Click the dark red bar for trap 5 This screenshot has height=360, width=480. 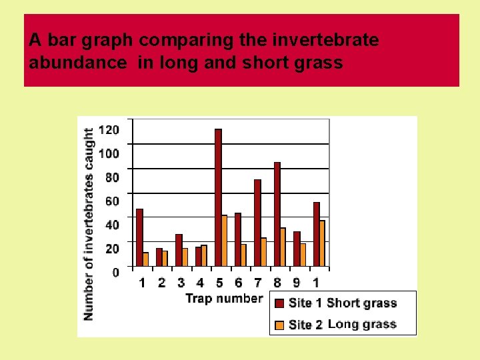point(218,197)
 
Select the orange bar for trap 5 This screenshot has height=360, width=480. point(225,240)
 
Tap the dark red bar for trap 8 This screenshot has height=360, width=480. point(277,214)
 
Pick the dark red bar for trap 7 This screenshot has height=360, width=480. point(257,223)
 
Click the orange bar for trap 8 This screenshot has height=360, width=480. point(283,247)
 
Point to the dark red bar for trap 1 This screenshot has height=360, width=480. point(139,237)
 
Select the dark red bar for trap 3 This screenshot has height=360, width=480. point(179,250)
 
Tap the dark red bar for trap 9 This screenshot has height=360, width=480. point(297,249)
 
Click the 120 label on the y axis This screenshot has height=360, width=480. point(109,130)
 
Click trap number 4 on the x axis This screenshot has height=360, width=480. point(200,283)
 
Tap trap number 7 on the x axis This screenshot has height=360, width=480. point(258,283)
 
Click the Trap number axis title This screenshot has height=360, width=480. point(223,298)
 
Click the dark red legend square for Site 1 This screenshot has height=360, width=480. point(279,303)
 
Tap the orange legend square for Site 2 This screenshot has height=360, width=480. point(279,325)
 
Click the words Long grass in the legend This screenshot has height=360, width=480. point(362,325)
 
